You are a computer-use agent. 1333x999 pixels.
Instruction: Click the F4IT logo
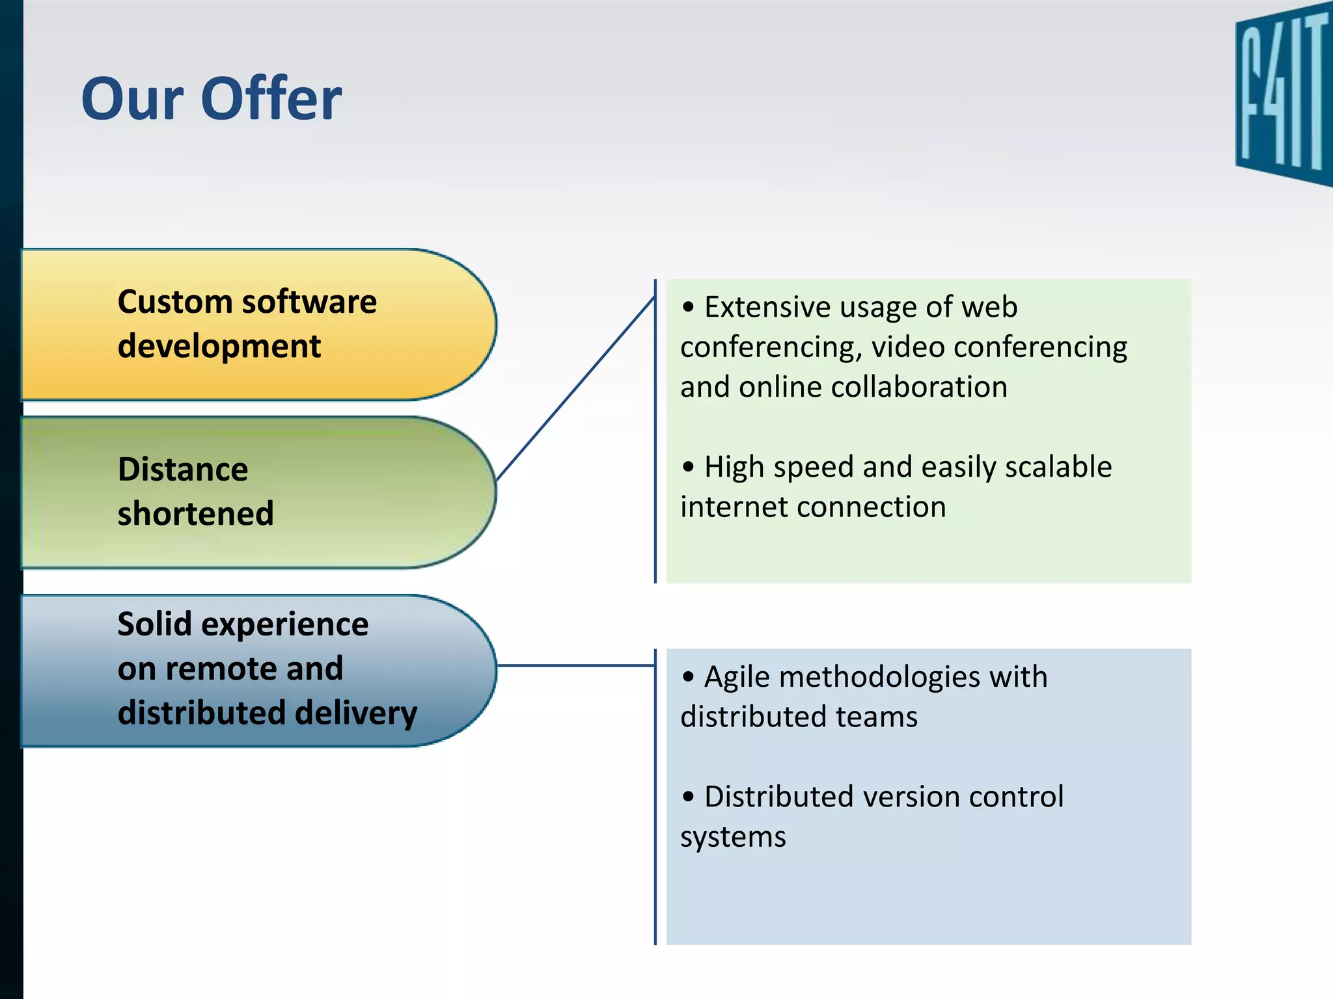[x=1282, y=94]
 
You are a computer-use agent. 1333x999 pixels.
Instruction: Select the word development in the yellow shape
[x=219, y=347]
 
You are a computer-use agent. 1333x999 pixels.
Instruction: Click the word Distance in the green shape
[x=183, y=470]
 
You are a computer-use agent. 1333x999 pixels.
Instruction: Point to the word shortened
[x=195, y=514]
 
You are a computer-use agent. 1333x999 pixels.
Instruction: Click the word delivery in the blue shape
[x=353, y=713]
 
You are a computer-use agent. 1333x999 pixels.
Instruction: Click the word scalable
[x=1058, y=467]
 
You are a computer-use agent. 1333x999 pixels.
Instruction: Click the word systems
[x=733, y=838]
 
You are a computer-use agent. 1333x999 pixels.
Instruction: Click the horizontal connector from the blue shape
[x=575, y=665]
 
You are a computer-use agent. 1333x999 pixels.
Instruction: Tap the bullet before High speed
[x=689, y=467]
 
